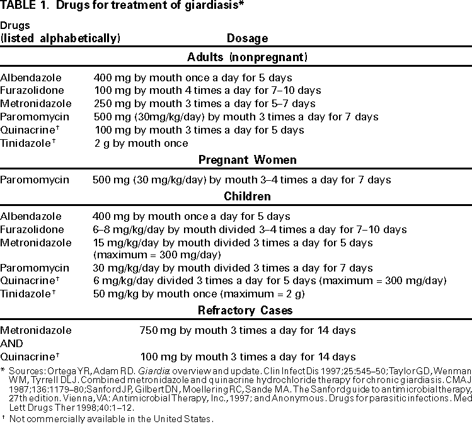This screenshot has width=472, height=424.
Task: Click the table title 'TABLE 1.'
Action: [x=25, y=7]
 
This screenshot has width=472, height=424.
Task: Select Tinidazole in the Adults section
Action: [x=28, y=143]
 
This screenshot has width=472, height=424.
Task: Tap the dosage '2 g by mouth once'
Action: [x=141, y=143]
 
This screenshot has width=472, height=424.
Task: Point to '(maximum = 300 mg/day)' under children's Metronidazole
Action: [x=156, y=255]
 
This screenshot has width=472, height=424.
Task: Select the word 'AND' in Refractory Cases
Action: [x=11, y=344]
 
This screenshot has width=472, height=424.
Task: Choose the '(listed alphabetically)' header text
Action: [x=60, y=38]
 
